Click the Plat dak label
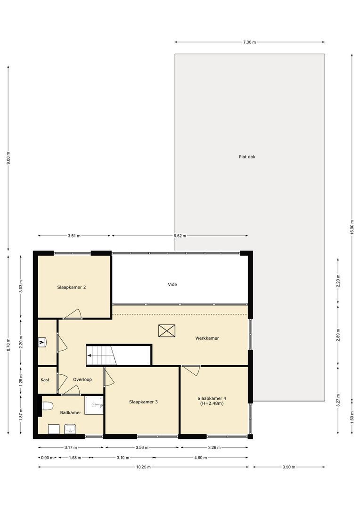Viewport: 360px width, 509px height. (x=247, y=157)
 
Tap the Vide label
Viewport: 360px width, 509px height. (x=172, y=284)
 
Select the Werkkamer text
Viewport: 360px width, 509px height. (x=207, y=338)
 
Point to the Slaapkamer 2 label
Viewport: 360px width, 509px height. (x=71, y=287)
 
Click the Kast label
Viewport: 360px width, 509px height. (x=45, y=379)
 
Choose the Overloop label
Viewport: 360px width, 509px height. (x=82, y=379)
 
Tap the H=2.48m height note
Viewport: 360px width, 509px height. (x=212, y=403)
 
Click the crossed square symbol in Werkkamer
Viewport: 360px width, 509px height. (x=167, y=330)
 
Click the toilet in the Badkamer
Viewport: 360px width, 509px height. (x=47, y=406)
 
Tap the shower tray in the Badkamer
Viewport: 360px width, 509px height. (x=94, y=404)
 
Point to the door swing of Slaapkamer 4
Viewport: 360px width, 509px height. (x=192, y=370)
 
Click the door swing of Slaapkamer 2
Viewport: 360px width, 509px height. (x=74, y=314)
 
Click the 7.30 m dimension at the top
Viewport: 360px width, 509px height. (x=249, y=42)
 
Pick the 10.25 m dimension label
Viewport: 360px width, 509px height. (x=143, y=467)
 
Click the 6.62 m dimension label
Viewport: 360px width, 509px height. (x=180, y=236)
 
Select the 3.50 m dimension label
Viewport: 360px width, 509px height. (x=288, y=467)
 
